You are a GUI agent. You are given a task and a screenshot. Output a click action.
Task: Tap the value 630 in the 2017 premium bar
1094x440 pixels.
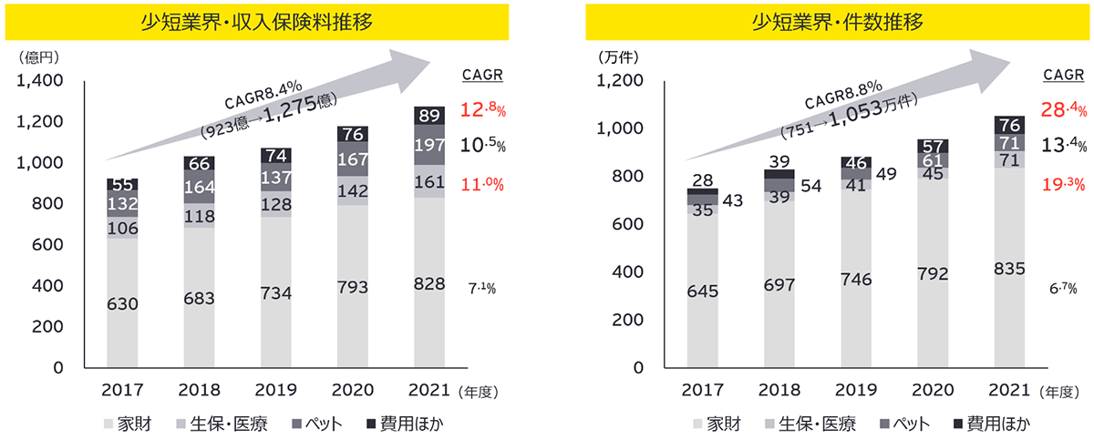[x=123, y=304]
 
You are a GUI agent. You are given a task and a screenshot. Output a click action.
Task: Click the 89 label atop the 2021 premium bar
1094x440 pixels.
[x=429, y=115]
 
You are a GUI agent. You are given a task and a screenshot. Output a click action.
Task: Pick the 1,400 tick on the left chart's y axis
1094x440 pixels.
[x=39, y=81]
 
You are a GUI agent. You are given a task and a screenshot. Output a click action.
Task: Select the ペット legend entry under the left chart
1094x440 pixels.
[x=313, y=424]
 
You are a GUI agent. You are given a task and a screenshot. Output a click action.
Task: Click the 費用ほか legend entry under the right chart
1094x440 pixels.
[x=991, y=424]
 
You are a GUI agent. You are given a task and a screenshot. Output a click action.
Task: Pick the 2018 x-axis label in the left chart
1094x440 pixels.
[x=200, y=391]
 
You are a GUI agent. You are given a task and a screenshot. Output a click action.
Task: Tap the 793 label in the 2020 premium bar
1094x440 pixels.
[x=353, y=288]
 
